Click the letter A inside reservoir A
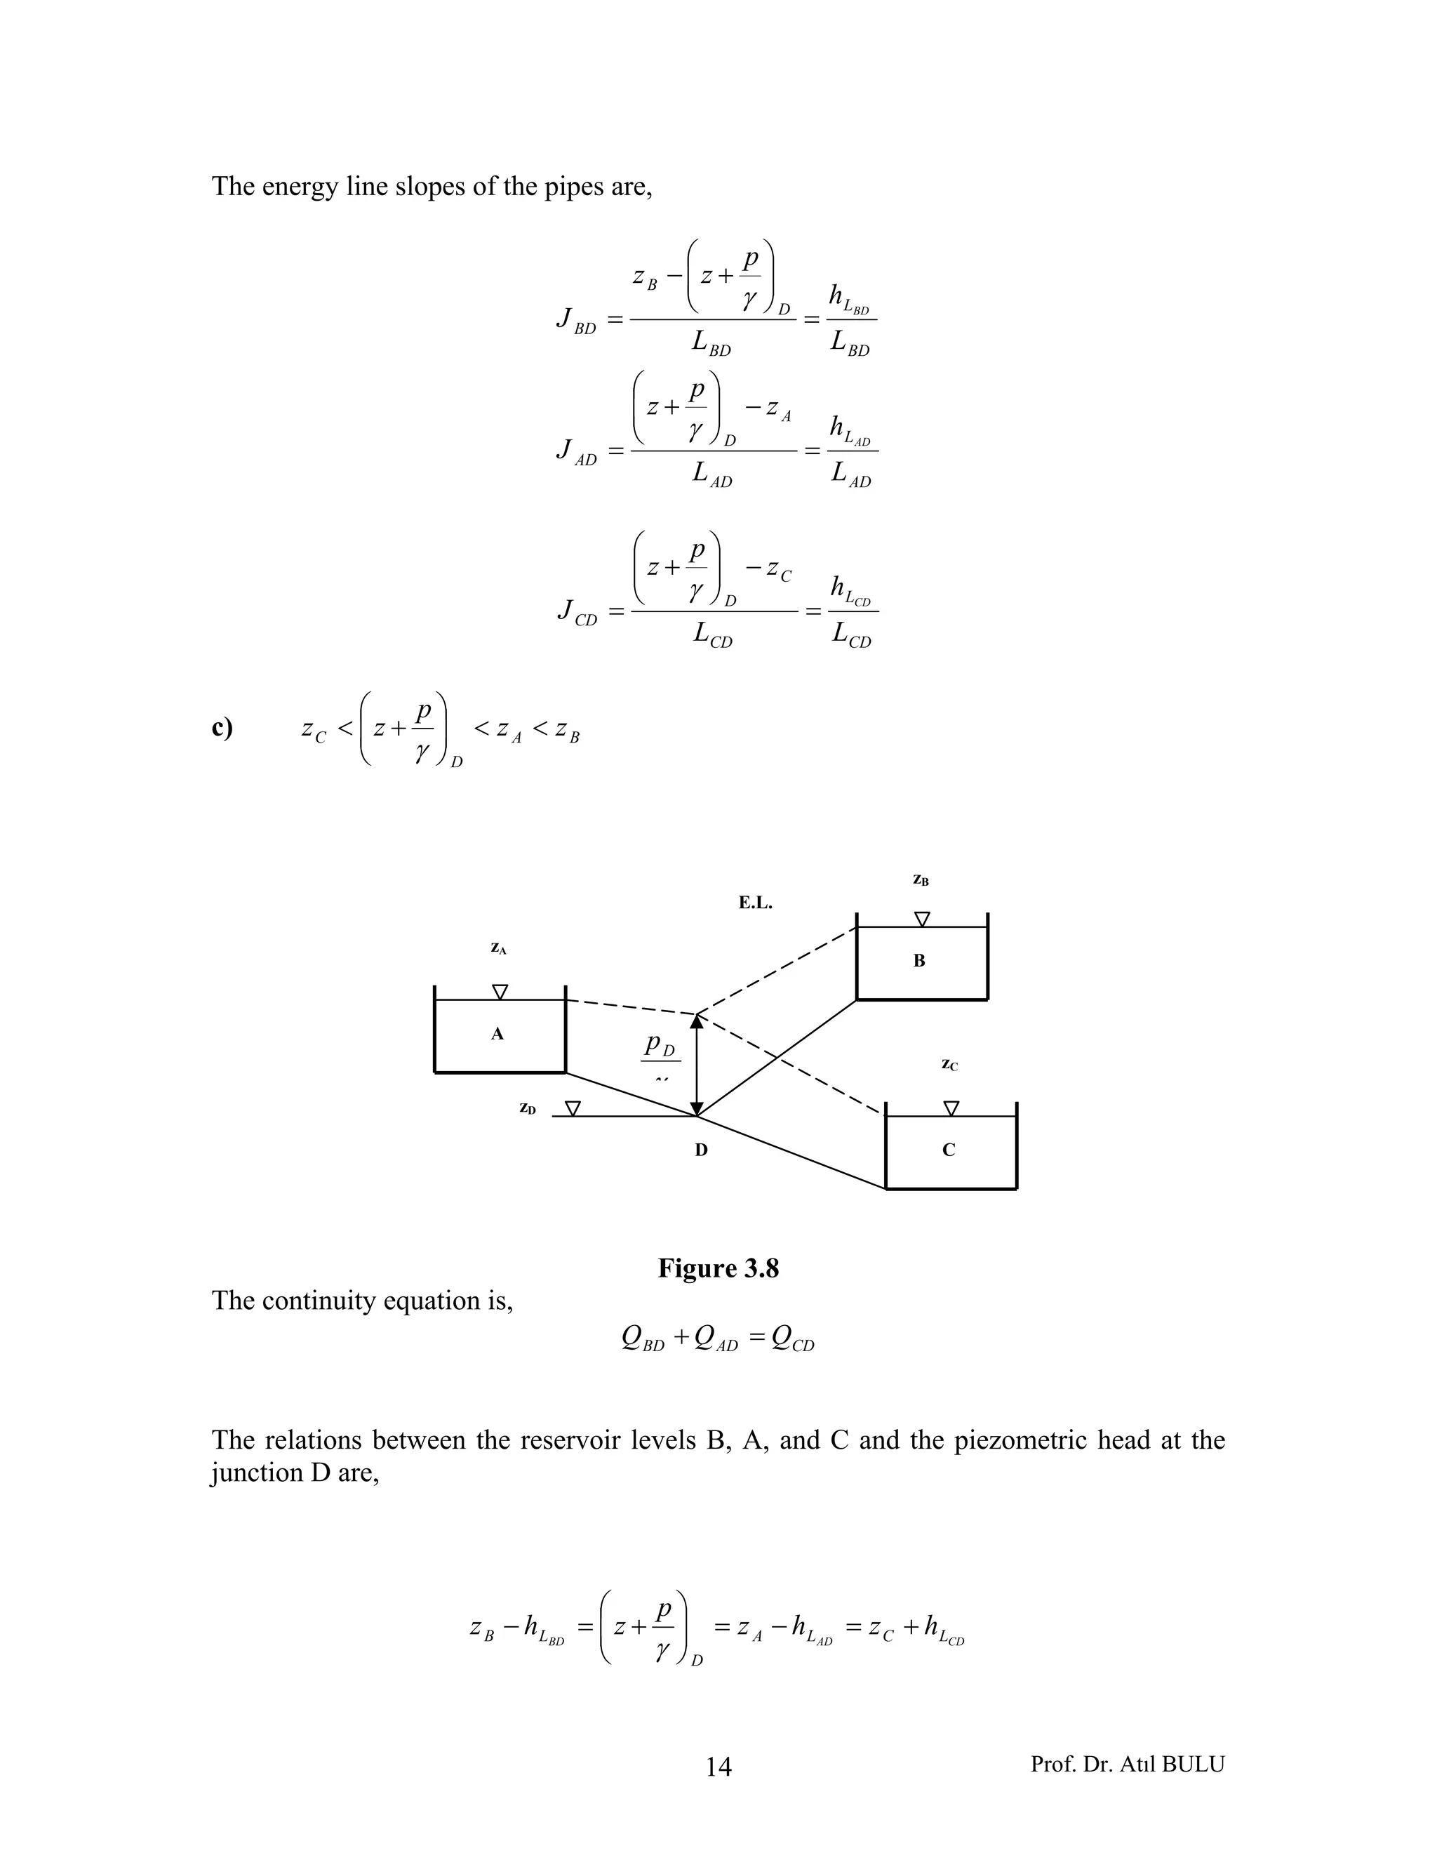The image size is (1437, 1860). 497,1034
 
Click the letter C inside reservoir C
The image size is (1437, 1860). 949,1150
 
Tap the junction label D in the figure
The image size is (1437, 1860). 701,1150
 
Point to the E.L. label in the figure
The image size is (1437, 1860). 755,903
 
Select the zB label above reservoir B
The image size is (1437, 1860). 921,879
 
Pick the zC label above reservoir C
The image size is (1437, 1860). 949,1065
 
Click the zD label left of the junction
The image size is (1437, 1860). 528,1109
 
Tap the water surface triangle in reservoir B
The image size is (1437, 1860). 922,919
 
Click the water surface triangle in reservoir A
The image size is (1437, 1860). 500,991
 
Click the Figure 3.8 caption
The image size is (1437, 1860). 718,1268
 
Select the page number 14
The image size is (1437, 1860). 718,1767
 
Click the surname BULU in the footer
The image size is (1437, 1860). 1193,1764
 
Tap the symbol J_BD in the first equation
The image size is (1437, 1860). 575,320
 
